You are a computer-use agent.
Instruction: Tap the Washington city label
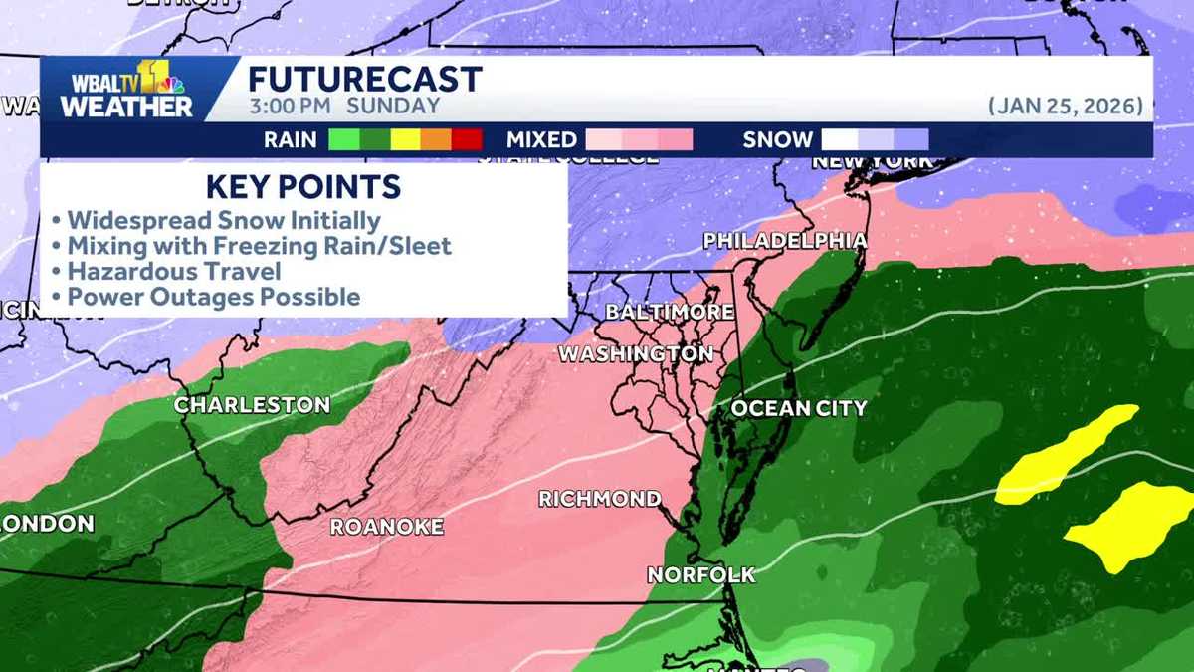tap(635, 353)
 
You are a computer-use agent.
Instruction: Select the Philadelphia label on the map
tap(784, 240)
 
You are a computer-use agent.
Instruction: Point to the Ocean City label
tap(799, 408)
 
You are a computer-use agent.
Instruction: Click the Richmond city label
tap(599, 499)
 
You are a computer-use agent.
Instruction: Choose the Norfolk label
tap(700, 574)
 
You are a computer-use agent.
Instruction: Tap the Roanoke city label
tap(386, 527)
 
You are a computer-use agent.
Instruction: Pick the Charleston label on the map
tap(252, 405)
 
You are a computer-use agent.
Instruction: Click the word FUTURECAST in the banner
tap(364, 80)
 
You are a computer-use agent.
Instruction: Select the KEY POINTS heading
tap(303, 186)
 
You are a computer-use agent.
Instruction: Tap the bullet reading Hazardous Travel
tap(173, 271)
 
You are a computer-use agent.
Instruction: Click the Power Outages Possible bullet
tap(213, 297)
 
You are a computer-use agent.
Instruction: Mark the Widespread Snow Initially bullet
tap(223, 219)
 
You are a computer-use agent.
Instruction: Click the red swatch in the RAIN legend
tap(467, 140)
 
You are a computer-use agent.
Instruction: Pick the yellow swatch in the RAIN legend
tap(405, 140)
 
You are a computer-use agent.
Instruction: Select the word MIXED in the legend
tap(541, 140)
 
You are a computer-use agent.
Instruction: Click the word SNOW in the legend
tap(777, 140)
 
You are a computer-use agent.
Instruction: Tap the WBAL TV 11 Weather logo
tap(127, 90)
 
